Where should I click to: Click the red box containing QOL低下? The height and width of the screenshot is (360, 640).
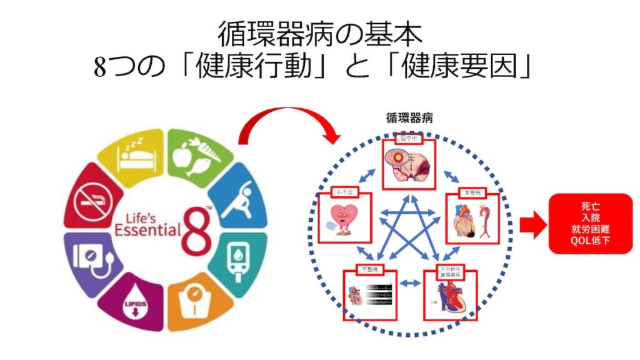coord(591,223)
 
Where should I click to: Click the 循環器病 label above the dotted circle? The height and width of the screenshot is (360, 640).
coord(410,118)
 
